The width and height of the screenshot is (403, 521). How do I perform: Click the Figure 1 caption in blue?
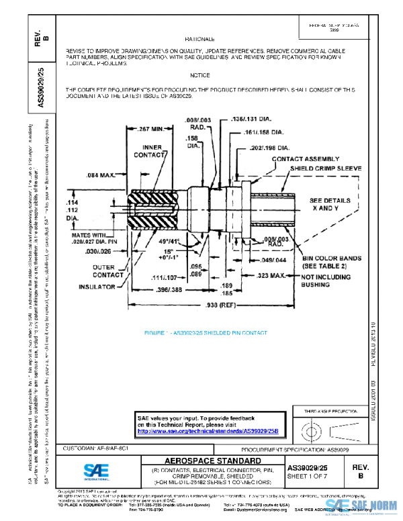pyautogui.click(x=206, y=333)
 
